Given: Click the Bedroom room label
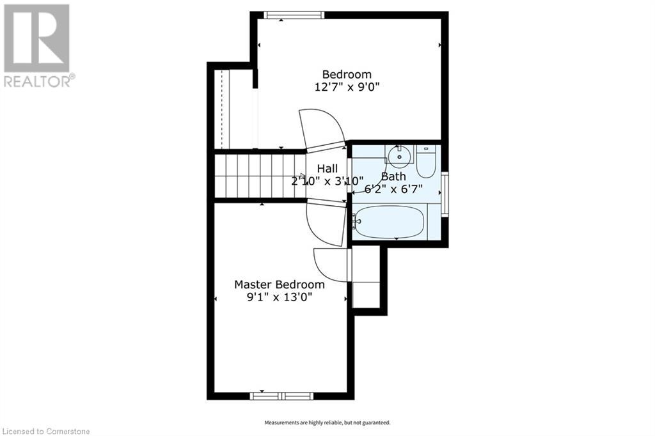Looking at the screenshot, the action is (x=347, y=74).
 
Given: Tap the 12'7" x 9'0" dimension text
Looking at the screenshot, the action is (x=347, y=87).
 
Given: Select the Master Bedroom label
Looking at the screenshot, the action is (x=279, y=284).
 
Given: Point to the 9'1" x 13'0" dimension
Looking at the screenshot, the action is (x=280, y=297).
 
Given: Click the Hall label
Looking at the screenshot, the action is (x=327, y=169).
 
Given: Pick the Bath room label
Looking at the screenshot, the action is (x=393, y=176).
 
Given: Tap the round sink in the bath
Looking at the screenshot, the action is (x=400, y=155).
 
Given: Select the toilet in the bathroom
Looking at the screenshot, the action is (x=427, y=162).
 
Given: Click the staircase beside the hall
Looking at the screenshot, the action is (x=260, y=176).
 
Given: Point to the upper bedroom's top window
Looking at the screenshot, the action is (x=294, y=15).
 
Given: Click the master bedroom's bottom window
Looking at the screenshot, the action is (x=281, y=396).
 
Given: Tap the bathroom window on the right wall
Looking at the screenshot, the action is (x=445, y=194).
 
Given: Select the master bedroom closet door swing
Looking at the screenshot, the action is (x=331, y=265).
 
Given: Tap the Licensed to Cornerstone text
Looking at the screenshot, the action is (x=45, y=431).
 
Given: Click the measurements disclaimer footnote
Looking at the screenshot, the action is (x=327, y=423).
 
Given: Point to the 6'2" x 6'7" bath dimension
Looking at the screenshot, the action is (x=393, y=189).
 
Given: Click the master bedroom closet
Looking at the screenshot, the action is (x=367, y=277).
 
